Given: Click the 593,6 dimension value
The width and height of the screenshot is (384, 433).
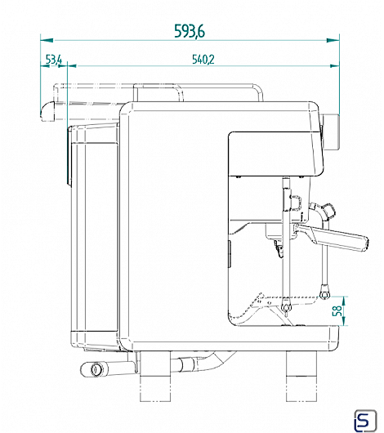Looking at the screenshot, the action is [190, 31].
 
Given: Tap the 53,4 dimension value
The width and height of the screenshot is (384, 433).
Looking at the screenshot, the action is [54, 60].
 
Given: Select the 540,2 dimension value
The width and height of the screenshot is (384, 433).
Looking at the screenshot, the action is [203, 60].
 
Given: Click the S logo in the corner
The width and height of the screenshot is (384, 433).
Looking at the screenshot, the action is [365, 421].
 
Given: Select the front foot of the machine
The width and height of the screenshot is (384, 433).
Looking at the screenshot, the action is [301, 376].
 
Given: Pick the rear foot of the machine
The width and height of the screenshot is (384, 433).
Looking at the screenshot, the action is [155, 376].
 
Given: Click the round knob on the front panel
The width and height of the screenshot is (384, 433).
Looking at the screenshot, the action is [331, 132].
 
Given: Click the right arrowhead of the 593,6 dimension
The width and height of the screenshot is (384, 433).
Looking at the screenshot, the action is [333, 40].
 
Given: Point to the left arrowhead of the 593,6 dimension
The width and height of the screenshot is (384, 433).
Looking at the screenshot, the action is [47, 40].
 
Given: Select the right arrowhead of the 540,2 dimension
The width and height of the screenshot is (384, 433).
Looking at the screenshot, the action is [334, 66].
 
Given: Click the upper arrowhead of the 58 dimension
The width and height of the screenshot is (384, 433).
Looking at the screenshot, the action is [344, 301].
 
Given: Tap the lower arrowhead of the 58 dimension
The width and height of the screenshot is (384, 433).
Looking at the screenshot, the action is [344, 321].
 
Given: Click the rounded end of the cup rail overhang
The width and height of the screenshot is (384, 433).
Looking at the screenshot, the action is [47, 111].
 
